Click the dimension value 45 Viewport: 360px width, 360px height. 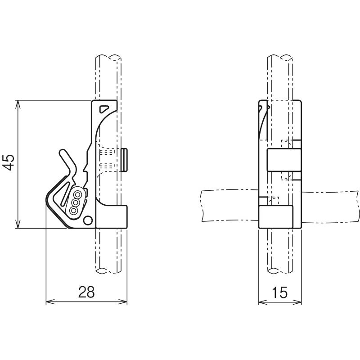9,162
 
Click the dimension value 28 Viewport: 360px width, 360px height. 86,292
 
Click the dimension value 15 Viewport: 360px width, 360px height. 279,292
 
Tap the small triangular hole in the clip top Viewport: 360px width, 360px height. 104,109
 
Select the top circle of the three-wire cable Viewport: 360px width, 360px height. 77,195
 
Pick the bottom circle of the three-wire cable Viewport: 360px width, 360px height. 73,210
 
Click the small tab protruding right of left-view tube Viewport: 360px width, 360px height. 124,160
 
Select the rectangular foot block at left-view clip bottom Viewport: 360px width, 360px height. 111,216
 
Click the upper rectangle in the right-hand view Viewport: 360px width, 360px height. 284,160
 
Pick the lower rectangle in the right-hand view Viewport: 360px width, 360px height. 276,217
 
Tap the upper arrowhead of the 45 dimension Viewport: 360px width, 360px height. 18,103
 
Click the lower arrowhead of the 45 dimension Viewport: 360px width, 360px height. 18,224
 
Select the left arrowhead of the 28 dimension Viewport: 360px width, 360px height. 50,301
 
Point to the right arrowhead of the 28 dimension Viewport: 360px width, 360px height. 123,301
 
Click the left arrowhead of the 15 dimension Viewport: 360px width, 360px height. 263,301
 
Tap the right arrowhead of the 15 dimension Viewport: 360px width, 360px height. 297,301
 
